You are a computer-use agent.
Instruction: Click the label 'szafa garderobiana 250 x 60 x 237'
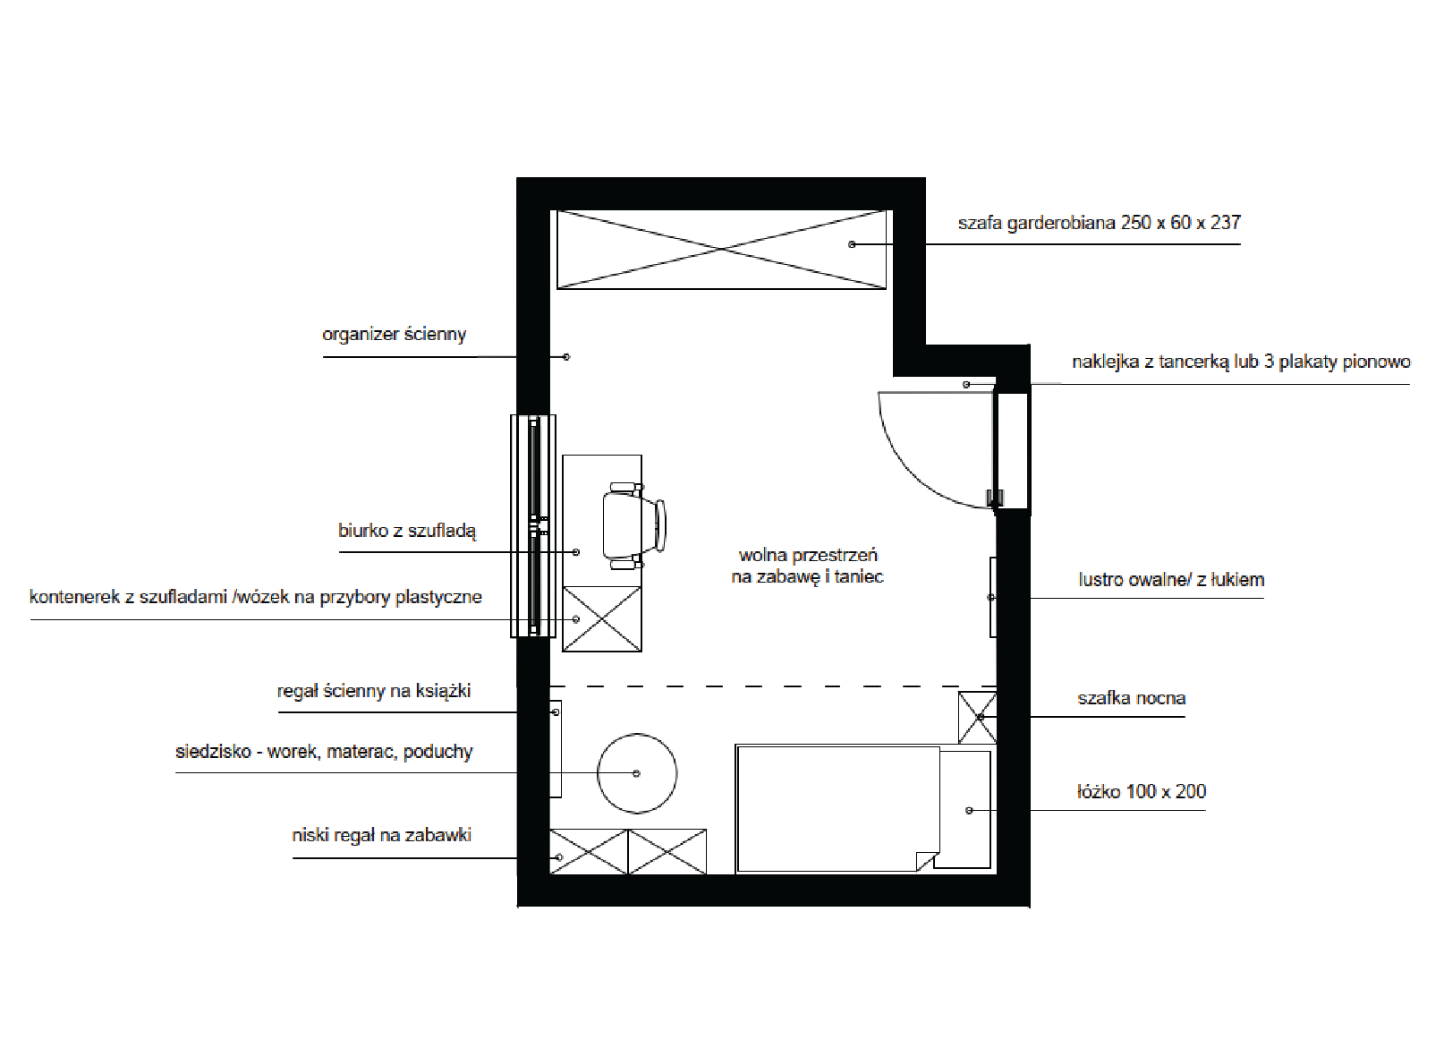[x=1099, y=223]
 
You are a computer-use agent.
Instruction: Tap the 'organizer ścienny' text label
[x=394, y=334]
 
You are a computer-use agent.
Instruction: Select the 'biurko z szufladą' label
[x=407, y=530]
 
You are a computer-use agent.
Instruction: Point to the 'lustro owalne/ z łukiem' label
[x=1170, y=579]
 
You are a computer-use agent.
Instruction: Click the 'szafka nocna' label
[x=1132, y=698]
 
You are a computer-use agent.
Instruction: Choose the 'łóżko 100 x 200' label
[x=1141, y=791]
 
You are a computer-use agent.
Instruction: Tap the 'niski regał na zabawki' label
[x=382, y=835]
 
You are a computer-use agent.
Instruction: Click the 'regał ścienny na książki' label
[x=374, y=691]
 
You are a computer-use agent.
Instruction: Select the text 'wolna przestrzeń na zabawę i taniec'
[x=807, y=566]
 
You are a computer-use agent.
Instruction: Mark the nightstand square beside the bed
[x=977, y=718]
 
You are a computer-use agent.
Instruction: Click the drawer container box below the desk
[x=602, y=619]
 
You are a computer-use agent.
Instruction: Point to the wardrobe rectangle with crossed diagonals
[x=721, y=249]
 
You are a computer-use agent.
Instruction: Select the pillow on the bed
[x=965, y=809]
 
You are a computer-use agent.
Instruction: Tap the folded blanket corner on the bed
[x=928, y=861]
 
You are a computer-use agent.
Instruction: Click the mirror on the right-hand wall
[x=993, y=597]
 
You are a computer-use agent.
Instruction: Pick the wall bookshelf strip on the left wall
[x=556, y=749]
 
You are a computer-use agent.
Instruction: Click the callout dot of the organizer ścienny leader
[x=566, y=357]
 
